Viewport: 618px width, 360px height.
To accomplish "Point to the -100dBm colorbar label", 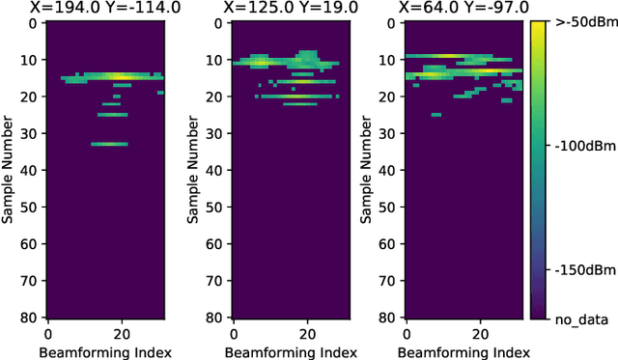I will pos(577,148).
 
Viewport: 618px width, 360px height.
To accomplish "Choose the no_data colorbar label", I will pos(576,318).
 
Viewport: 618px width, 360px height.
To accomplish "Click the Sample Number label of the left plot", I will pos(9,169).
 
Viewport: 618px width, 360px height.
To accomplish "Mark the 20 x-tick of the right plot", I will pos(478,333).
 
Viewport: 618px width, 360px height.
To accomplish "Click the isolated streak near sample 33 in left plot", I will pos(109,144).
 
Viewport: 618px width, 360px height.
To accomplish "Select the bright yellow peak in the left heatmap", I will pos(118,76).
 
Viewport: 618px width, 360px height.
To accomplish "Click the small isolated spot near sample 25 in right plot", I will pos(436,114).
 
